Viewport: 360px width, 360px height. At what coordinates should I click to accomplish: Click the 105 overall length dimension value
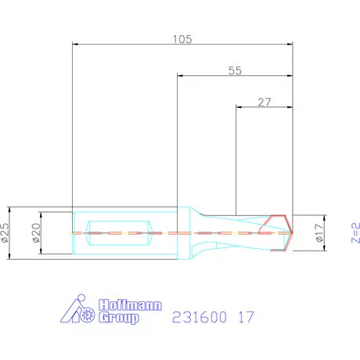(x=182, y=39)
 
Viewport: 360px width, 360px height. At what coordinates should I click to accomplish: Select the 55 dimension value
(x=235, y=70)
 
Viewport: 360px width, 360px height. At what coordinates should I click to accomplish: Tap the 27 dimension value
(x=265, y=102)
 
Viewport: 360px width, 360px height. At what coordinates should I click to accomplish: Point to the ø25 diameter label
(x=5, y=232)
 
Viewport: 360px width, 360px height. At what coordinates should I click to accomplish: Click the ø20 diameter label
(x=37, y=232)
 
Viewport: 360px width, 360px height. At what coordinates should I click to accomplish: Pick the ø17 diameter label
(x=320, y=232)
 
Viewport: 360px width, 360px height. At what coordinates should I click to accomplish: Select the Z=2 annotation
(x=355, y=232)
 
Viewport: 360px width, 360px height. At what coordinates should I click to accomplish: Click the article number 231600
(x=200, y=317)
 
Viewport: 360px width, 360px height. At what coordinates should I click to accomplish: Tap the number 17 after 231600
(x=246, y=317)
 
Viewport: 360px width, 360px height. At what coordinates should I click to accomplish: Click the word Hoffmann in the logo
(x=131, y=304)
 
